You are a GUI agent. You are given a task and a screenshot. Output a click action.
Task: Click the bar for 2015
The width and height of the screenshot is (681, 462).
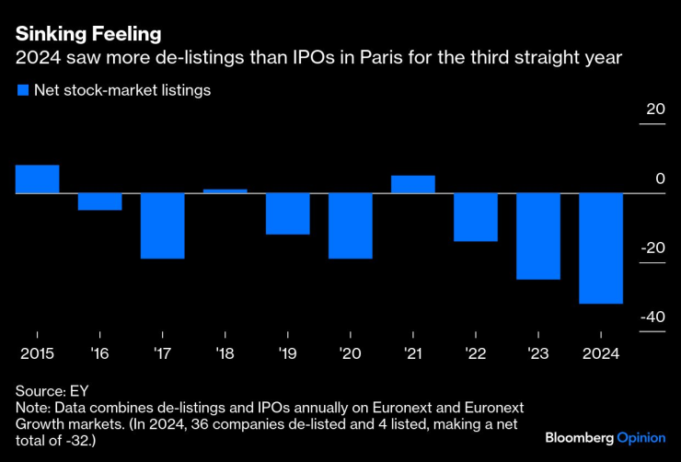tap(38, 179)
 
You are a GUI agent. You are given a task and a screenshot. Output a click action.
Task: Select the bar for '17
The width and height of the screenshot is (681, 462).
tap(163, 225)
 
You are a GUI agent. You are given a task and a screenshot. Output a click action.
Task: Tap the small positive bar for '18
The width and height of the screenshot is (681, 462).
tap(225, 191)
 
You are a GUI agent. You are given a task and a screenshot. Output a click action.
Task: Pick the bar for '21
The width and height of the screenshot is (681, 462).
tap(413, 184)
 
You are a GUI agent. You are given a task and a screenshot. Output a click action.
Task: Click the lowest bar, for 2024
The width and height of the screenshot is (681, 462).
tap(601, 248)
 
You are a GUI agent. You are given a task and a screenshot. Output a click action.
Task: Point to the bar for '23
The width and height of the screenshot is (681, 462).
tap(538, 236)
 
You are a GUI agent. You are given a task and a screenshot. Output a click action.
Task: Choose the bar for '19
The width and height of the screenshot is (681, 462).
tap(288, 214)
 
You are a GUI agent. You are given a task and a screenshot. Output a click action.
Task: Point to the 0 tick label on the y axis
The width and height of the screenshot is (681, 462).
tap(660, 179)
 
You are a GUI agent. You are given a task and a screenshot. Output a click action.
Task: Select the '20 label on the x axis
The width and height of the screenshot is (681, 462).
tap(350, 353)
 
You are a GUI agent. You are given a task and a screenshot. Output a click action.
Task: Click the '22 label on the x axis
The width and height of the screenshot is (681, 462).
tap(475, 353)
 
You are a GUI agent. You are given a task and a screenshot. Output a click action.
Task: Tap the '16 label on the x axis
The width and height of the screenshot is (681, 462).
tap(99, 353)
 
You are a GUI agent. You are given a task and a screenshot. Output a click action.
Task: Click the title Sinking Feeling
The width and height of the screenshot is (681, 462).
tap(87, 34)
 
